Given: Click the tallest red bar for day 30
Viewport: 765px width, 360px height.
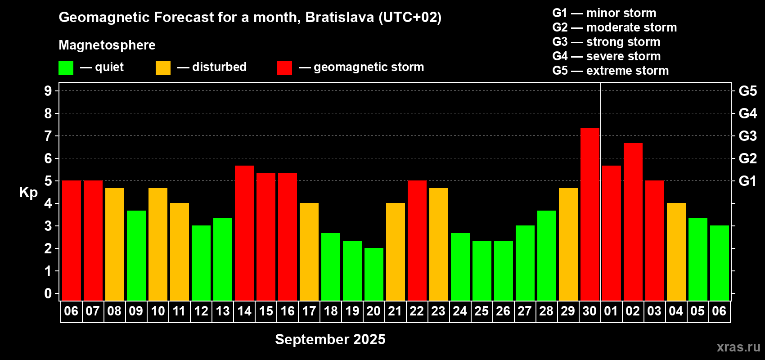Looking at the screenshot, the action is [x=590, y=214].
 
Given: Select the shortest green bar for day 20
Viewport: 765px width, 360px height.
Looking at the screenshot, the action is [x=373, y=274].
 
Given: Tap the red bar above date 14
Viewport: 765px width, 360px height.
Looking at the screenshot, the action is [x=244, y=233].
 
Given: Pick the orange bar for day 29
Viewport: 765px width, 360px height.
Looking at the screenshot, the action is [x=568, y=244].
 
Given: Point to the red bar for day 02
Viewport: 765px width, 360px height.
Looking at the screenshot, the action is [x=633, y=222].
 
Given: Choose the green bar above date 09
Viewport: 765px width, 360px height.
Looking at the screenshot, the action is [x=136, y=256].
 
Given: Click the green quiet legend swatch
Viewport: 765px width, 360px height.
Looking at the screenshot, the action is [x=66, y=67].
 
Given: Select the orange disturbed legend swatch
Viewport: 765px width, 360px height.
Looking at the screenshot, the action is [x=163, y=67].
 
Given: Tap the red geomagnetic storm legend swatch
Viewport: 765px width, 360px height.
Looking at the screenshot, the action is [x=284, y=67].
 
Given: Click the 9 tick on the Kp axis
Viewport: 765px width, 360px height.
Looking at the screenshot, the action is [x=48, y=91].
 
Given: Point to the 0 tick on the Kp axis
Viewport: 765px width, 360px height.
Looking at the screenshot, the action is [x=48, y=293].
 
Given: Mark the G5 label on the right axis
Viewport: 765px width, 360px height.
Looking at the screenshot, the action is [x=747, y=91].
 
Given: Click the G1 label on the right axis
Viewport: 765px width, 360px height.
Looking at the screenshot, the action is [x=747, y=181].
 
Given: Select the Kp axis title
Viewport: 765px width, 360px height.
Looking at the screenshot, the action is [x=28, y=193].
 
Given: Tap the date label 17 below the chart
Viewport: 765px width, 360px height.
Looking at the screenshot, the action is [x=309, y=311].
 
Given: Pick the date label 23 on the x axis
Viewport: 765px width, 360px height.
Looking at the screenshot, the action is [x=438, y=311].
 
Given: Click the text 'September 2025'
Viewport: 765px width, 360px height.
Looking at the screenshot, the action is [x=330, y=339].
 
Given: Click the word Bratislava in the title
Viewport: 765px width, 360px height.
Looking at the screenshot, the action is [x=339, y=17].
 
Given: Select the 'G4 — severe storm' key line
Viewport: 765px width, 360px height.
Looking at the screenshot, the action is [x=607, y=56].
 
